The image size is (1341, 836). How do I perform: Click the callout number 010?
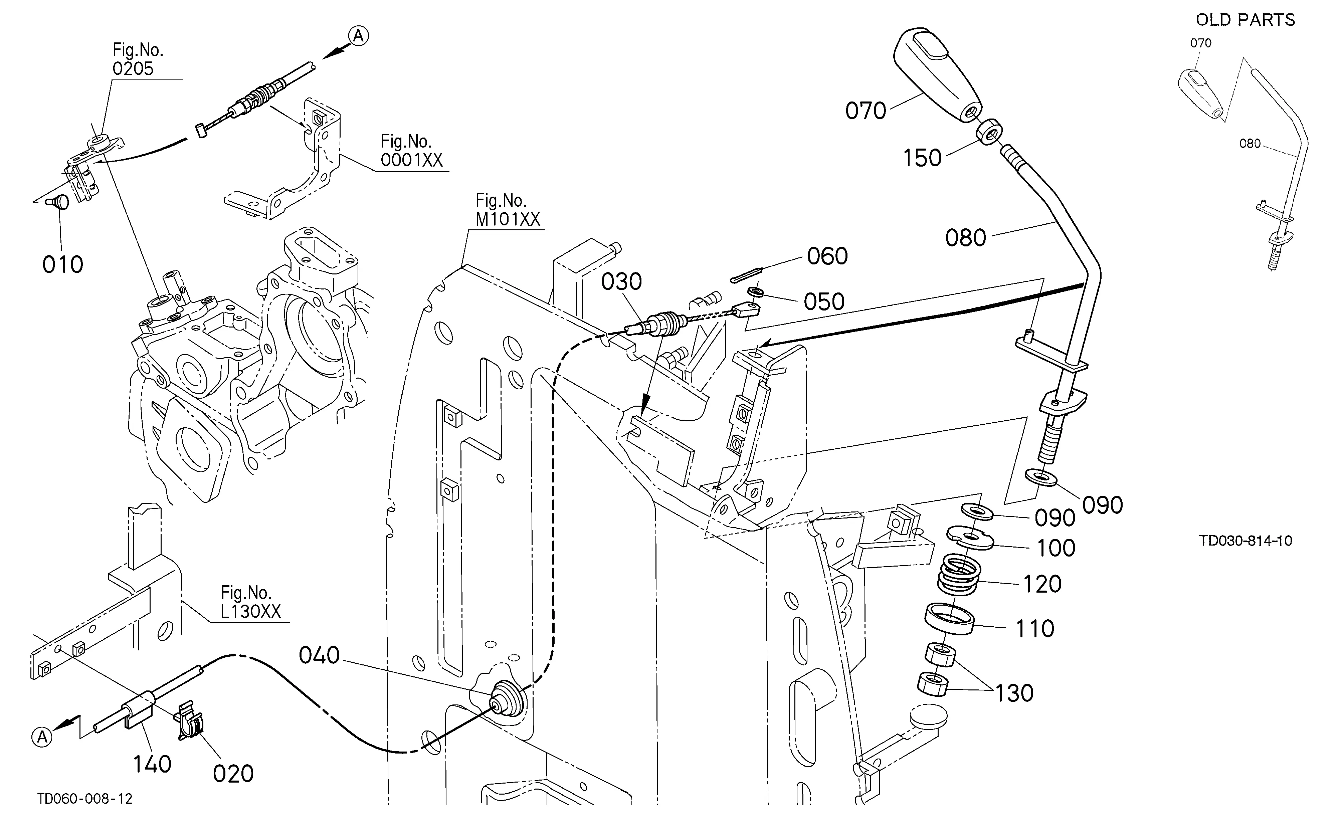click(62, 264)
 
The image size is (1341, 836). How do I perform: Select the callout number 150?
click(922, 158)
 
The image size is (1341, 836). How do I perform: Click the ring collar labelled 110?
click(949, 619)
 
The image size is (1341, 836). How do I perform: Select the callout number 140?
click(152, 764)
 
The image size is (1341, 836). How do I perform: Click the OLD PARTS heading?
click(1245, 20)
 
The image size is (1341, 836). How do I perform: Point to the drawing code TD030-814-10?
click(1245, 541)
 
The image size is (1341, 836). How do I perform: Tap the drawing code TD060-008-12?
click(85, 799)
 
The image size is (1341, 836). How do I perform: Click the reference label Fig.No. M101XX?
click(508, 210)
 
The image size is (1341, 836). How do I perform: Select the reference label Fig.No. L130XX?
click(251, 602)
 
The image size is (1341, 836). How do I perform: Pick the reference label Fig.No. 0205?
click(138, 59)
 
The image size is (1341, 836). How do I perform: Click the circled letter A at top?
click(358, 36)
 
